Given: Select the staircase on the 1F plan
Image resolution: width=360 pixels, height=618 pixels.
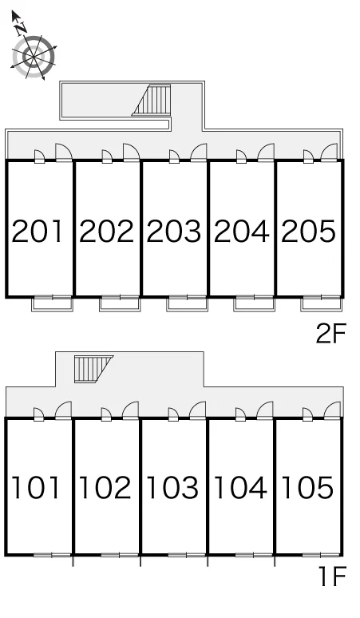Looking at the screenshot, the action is pos(91,369).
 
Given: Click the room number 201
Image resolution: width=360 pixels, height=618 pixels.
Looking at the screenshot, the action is pos(38,231).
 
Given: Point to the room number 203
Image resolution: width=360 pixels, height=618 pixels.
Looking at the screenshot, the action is pos(174,231).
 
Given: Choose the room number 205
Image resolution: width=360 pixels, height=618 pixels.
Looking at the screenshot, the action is pos(308,231).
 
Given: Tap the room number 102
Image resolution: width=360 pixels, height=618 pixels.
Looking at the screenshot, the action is pos(105,488).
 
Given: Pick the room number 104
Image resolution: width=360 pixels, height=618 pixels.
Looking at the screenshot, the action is pos(240,488).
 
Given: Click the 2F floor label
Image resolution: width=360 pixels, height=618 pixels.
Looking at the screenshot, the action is pos(330,334).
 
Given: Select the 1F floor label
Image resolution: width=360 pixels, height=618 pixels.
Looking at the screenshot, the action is pos(332,576).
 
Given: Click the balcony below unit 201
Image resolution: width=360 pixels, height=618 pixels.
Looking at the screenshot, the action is pos(53,303).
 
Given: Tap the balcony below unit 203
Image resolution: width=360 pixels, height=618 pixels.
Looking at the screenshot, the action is pos(187,303).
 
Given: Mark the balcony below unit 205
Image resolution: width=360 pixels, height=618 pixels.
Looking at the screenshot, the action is pos(322,303).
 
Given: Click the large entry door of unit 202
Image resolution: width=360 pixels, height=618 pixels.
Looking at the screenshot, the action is pos(132,153).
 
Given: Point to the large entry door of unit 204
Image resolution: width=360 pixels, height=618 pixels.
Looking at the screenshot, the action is pos(267,153).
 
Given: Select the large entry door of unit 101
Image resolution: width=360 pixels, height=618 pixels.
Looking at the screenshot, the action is pos(63,410).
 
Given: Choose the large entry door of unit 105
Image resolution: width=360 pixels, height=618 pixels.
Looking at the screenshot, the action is pos(332,410).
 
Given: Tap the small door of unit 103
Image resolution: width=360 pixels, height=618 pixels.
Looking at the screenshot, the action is pos(173,414).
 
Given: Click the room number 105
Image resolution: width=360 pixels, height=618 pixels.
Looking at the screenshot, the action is pos(307,488).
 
